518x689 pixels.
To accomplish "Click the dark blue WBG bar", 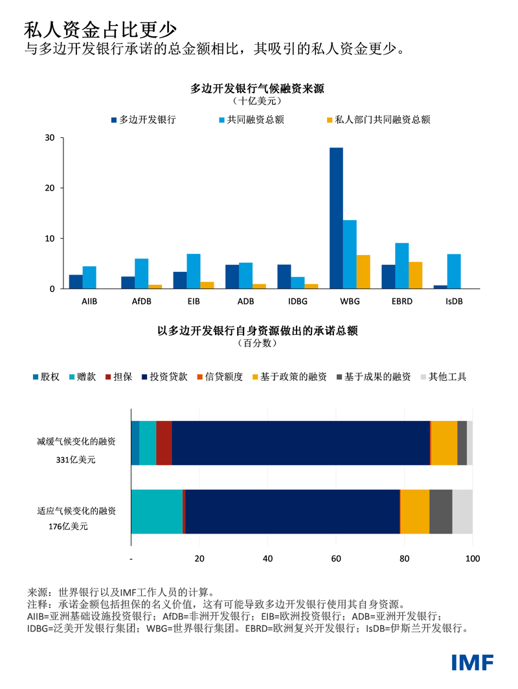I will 336,218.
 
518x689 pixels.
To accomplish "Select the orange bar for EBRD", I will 415,275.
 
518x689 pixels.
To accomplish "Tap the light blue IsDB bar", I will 454,271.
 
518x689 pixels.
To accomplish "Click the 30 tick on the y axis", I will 50,138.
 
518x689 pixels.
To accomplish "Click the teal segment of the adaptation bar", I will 157,512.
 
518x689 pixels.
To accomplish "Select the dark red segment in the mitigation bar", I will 164,443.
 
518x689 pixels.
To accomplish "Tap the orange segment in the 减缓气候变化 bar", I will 444,443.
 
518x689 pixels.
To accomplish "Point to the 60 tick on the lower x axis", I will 336,559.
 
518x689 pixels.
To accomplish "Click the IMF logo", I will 473,662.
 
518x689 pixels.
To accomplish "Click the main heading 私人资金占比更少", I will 100,29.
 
